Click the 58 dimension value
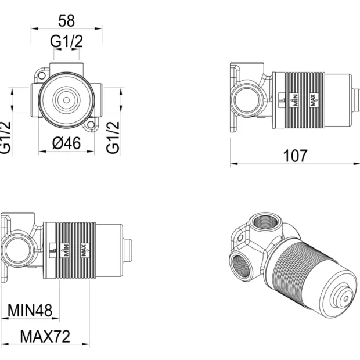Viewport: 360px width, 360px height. (67, 20)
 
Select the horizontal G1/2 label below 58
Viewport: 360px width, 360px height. (67, 41)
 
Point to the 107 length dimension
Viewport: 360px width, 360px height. (295, 155)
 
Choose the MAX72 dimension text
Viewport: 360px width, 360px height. (45, 336)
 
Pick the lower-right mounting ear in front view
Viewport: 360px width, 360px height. (90, 126)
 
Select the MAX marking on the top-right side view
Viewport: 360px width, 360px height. (314, 100)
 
